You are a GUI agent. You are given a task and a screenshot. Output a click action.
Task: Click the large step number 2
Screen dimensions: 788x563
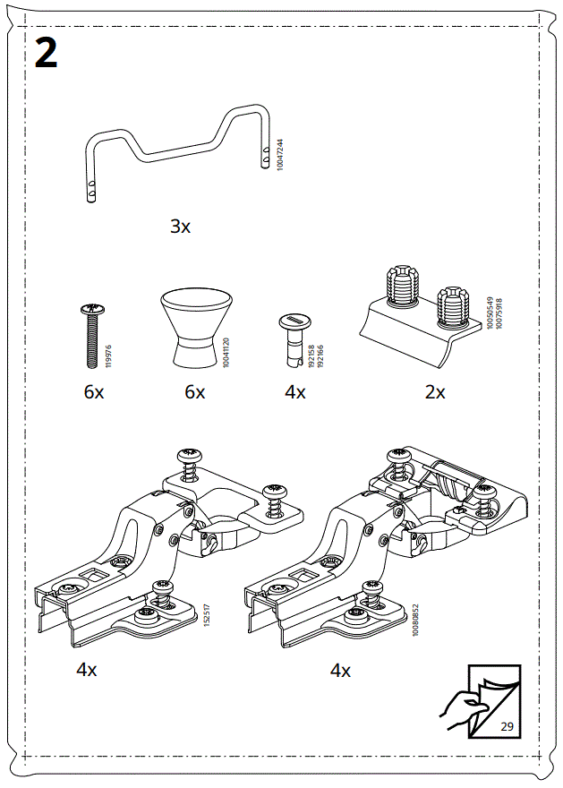tap(46, 53)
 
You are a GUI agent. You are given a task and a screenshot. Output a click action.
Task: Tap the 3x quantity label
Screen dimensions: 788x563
tap(181, 227)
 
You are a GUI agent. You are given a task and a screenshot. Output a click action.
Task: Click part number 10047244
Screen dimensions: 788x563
tap(280, 155)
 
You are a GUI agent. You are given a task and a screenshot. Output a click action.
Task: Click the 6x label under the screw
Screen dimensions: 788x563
tap(94, 392)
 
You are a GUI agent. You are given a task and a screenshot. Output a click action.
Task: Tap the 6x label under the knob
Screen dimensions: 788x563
tap(195, 392)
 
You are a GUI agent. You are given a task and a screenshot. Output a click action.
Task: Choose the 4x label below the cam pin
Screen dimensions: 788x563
tap(295, 392)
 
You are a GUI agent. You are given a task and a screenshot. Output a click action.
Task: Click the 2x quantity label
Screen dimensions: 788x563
tap(435, 392)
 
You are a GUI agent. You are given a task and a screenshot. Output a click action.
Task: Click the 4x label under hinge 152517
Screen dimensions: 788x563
tap(87, 669)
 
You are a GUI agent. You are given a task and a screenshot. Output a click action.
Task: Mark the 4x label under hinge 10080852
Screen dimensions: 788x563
tap(341, 670)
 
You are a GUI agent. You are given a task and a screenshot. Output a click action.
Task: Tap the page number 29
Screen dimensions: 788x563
tap(507, 725)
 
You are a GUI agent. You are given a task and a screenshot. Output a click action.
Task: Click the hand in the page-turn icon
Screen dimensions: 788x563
tap(461, 707)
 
